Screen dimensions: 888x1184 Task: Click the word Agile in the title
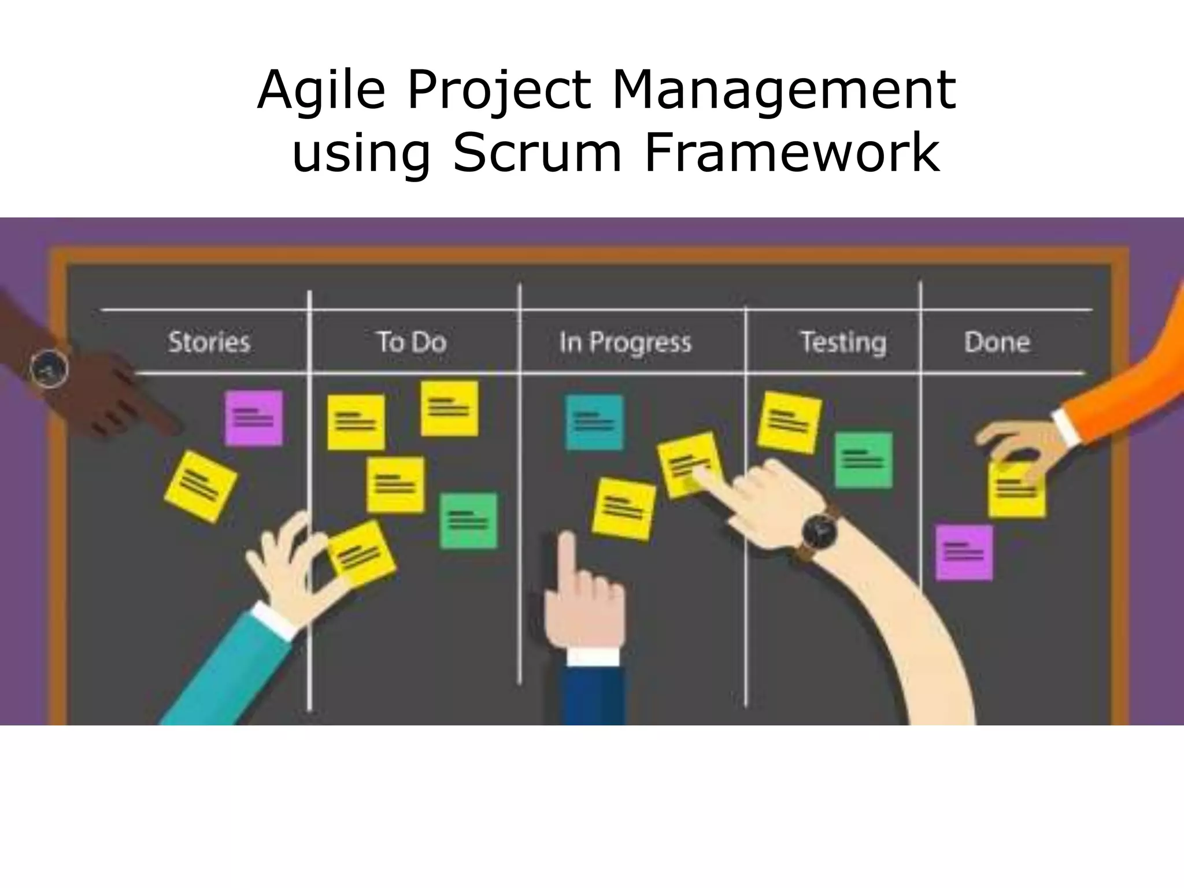click(321, 91)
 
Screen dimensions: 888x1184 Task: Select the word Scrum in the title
click(537, 153)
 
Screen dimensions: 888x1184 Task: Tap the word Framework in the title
click(791, 153)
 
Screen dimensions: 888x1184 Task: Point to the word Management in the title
click(783, 91)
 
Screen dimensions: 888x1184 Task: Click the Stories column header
click(209, 342)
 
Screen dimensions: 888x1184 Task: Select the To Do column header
click(412, 342)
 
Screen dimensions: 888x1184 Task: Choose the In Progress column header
click(625, 343)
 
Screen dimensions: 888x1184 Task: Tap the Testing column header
click(843, 343)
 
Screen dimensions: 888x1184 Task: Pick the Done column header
click(997, 342)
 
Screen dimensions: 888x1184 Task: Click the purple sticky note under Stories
click(253, 418)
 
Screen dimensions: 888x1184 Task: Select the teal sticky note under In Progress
click(594, 422)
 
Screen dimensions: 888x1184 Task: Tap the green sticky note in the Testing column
click(863, 460)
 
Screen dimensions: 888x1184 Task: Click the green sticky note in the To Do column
click(468, 520)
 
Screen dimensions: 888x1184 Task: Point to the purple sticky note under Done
click(964, 552)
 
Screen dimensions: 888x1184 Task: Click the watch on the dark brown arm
click(50, 368)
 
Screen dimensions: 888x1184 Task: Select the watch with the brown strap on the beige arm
click(819, 531)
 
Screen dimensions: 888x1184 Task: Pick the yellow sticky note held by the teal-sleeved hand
click(361, 554)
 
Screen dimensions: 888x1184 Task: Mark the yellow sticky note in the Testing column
click(789, 422)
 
